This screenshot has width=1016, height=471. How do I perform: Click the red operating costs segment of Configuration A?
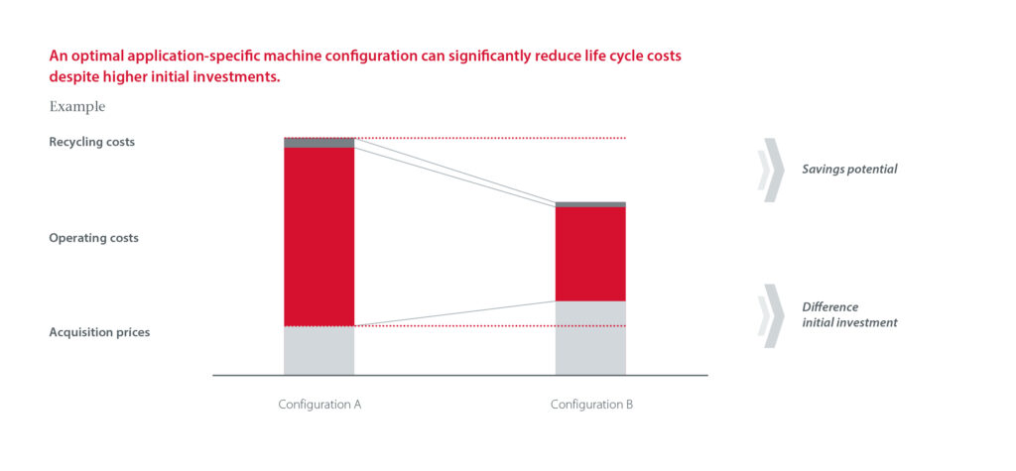click(318, 236)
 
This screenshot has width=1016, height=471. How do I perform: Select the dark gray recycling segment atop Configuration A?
click(318, 143)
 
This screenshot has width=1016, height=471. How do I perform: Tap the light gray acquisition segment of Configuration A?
click(318, 350)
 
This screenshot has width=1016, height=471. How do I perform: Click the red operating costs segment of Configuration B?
click(590, 253)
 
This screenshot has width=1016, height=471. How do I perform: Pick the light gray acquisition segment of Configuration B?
click(590, 337)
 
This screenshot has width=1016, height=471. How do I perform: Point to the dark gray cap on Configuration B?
click(590, 204)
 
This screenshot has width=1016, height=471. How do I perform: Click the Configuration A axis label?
click(319, 405)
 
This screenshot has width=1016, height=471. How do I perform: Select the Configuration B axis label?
click(591, 405)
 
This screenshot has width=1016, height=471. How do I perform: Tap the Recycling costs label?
click(91, 142)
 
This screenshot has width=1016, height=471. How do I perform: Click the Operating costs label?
click(93, 238)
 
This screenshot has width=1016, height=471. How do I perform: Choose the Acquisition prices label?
click(99, 332)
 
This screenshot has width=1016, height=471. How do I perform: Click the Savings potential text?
click(849, 170)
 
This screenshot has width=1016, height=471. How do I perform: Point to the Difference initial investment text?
click(849, 314)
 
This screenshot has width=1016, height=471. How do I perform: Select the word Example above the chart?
click(76, 106)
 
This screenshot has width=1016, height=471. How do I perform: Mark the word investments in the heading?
click(238, 75)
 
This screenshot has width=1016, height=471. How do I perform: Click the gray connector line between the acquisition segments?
click(454, 313)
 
